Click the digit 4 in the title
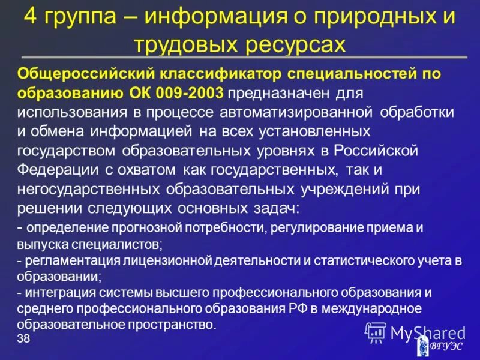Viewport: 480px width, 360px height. coord(31,17)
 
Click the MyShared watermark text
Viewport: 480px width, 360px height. coord(428,332)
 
